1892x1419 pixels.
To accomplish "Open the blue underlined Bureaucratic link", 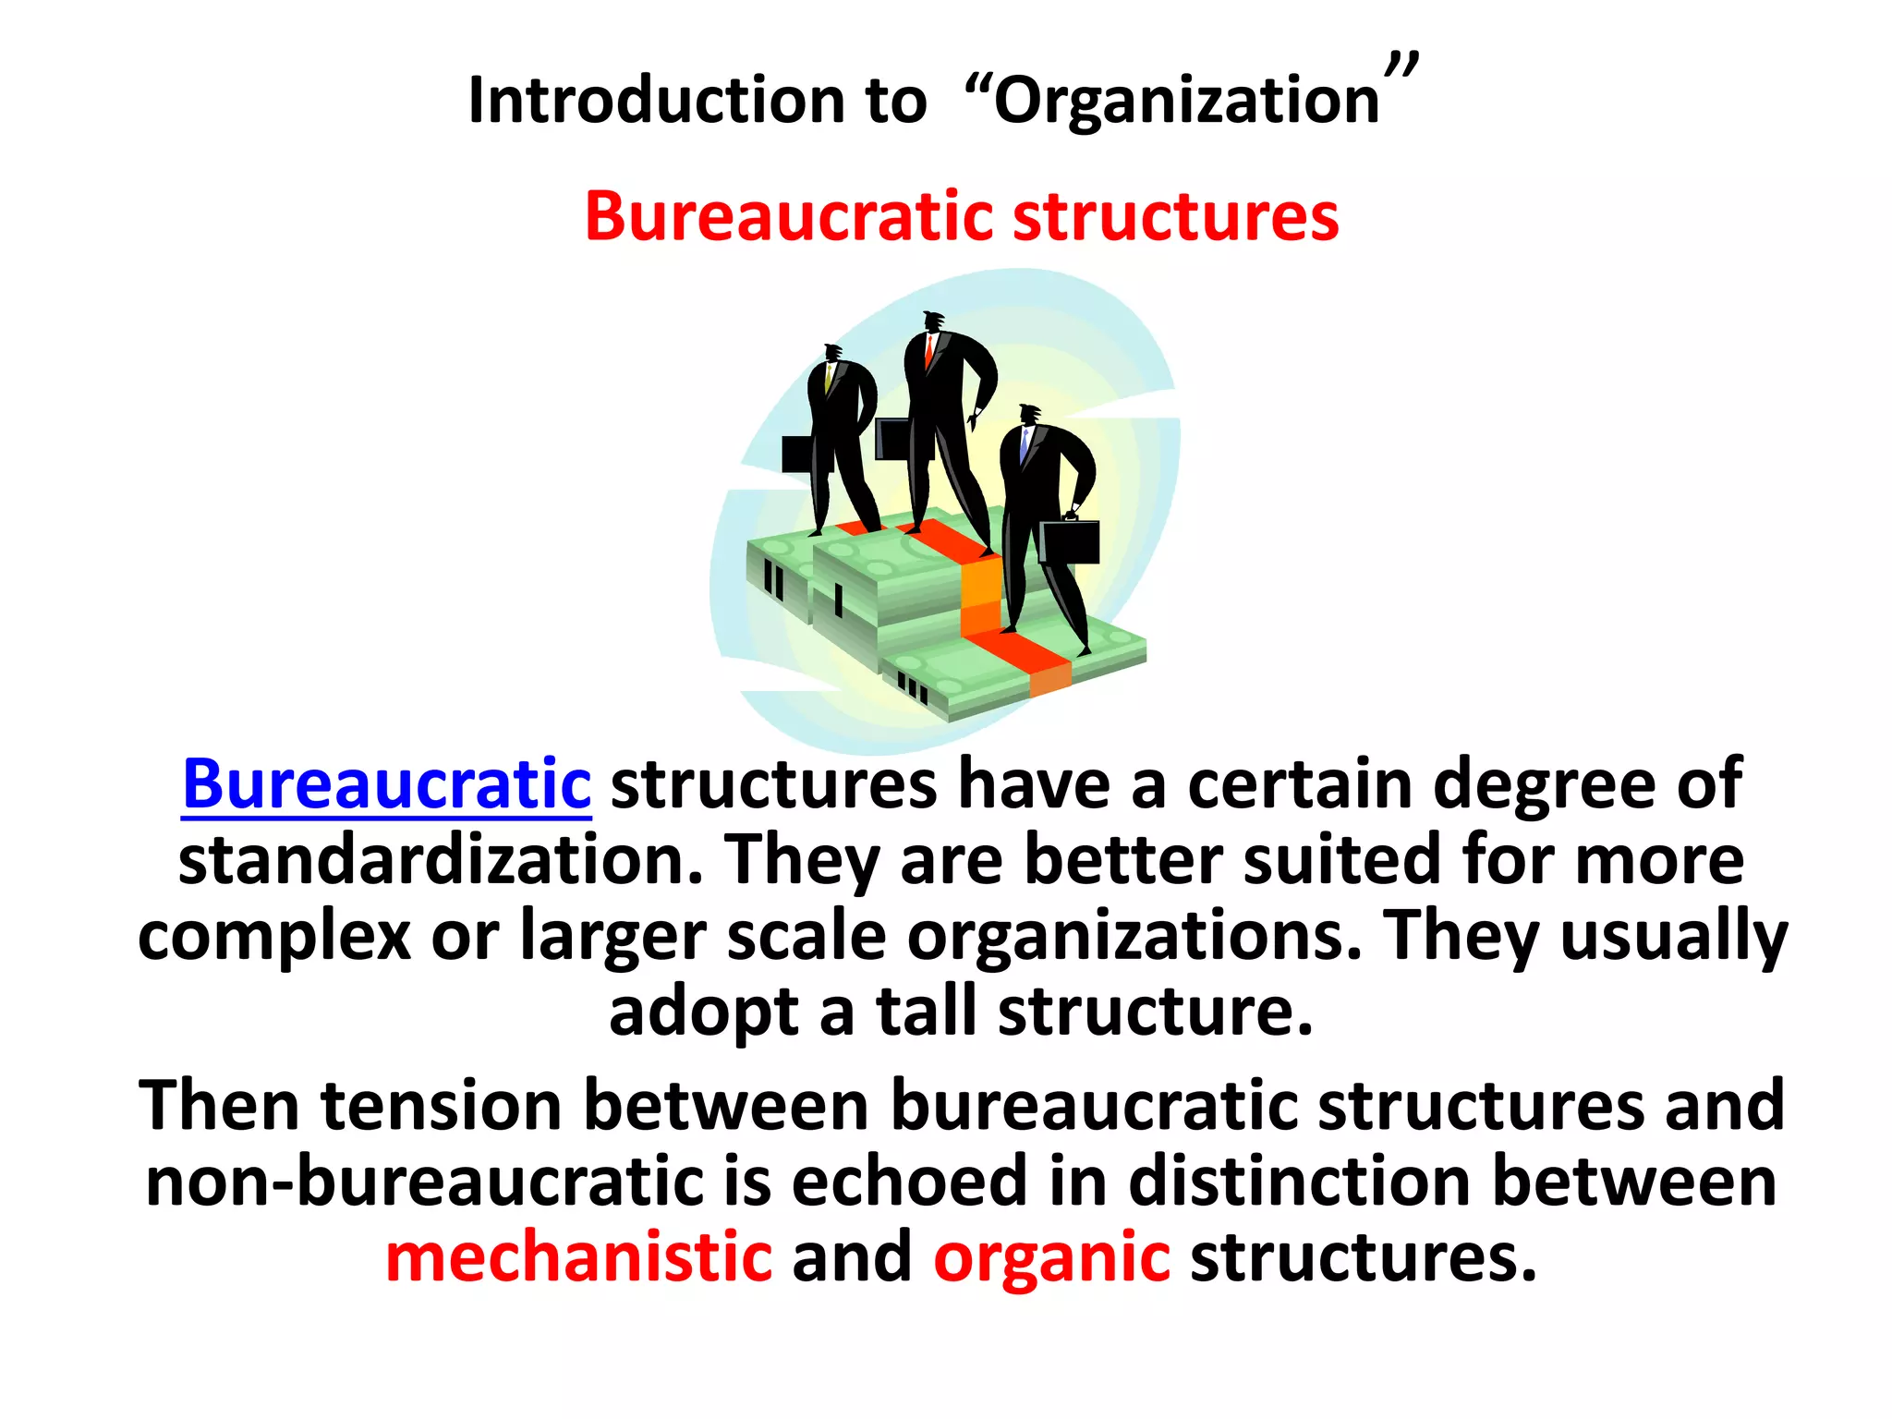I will pyautogui.click(x=386, y=784).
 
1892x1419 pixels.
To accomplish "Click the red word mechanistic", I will pyautogui.click(x=578, y=1258).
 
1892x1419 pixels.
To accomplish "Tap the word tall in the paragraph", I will pyautogui.click(x=926, y=1012).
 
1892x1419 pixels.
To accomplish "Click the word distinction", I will pyautogui.click(x=1300, y=1182).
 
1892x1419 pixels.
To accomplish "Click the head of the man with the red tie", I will pyautogui.click(x=933, y=321).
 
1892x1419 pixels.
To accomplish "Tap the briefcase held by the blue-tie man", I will pyautogui.click(x=1069, y=541).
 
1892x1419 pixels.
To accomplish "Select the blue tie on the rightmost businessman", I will pyautogui.click(x=1024, y=445).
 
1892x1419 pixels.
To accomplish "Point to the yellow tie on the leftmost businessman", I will pyautogui.click(x=829, y=377).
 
